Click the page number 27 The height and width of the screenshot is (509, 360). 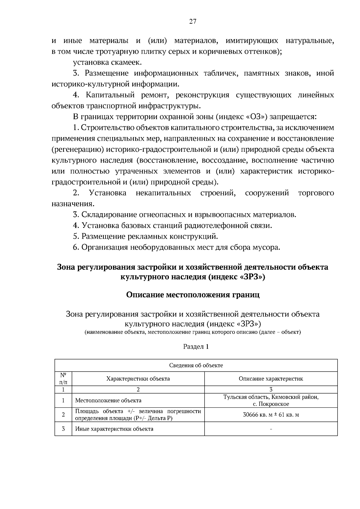193,21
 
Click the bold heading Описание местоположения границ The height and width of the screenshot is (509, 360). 193,295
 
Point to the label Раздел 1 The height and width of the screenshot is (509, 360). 196,347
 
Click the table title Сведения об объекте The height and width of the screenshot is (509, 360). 196,365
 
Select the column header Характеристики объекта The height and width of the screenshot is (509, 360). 138,379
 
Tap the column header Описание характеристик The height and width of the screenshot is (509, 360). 271,379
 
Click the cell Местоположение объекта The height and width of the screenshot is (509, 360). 108,400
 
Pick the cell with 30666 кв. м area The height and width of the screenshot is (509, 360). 271,415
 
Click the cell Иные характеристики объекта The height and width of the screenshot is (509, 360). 114,429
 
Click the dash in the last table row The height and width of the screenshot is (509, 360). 271,429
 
